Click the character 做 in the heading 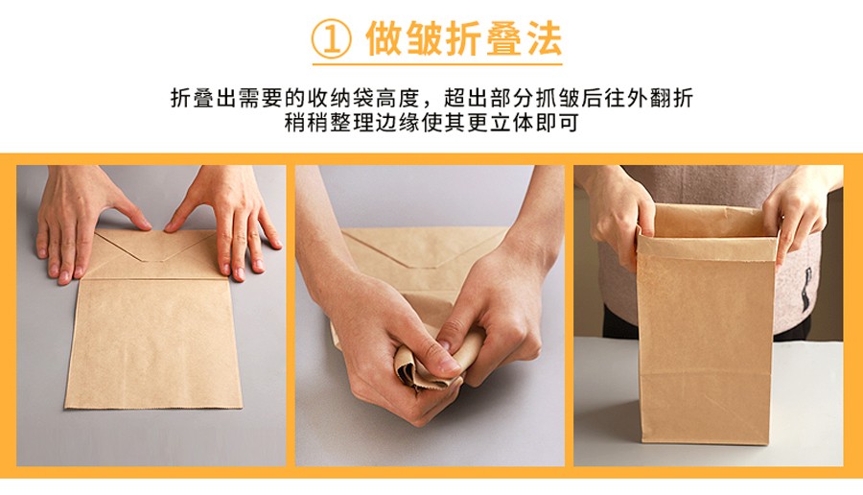pyautogui.click(x=384, y=39)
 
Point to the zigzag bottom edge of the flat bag pyautogui.click(x=153, y=406)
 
